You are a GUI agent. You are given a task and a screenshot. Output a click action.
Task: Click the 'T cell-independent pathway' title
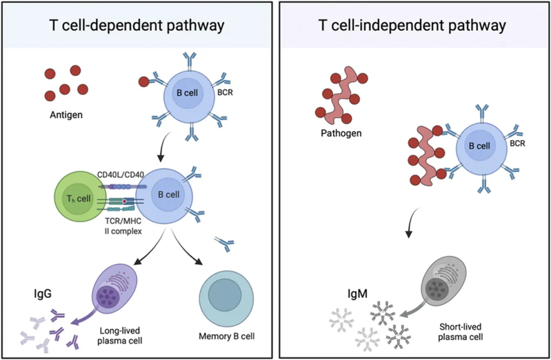pyautogui.click(x=412, y=25)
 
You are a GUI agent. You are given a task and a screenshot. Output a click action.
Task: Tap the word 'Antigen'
pyautogui.click(x=67, y=115)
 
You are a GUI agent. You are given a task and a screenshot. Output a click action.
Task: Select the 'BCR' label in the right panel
pyautogui.click(x=518, y=145)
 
